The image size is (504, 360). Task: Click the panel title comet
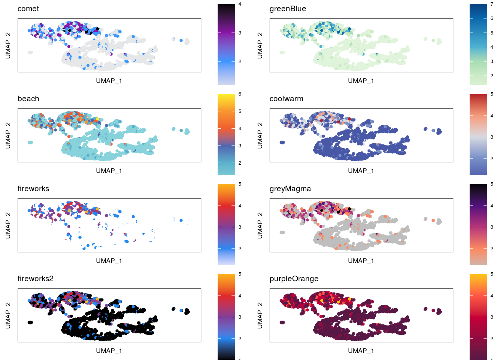[28, 9]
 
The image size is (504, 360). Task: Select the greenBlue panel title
[288, 9]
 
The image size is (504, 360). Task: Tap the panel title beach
[28, 99]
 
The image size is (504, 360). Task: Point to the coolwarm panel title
[286, 99]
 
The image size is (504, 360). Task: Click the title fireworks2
[35, 279]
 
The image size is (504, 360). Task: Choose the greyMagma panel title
[290, 189]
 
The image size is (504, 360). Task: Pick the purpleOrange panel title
[294, 279]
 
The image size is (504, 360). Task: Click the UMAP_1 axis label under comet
[109, 81]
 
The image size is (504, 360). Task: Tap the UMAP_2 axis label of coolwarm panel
[260, 135]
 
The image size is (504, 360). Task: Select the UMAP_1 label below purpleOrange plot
[361, 351]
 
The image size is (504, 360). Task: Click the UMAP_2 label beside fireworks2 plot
[8, 315]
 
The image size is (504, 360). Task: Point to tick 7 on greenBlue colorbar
[492, 4]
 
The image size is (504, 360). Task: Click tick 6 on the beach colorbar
[240, 94]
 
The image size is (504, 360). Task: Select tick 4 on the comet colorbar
[240, 4]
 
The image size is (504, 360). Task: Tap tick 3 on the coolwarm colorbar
[492, 137]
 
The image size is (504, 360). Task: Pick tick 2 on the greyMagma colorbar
[492, 249]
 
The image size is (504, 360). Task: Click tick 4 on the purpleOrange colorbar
[492, 296]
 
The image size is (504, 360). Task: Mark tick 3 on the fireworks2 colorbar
[240, 317]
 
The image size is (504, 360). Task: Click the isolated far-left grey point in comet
[30, 52]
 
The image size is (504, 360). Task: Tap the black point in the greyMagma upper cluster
[349, 209]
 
